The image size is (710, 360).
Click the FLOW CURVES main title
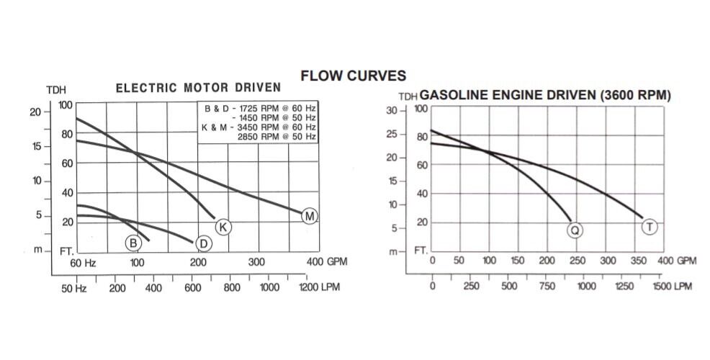(x=353, y=75)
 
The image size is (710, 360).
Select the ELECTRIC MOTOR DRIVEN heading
(x=198, y=89)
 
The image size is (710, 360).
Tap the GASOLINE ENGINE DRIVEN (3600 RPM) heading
(x=545, y=95)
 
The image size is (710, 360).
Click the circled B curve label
(x=133, y=243)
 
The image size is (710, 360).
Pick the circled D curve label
(x=204, y=244)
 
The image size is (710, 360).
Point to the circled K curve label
(x=223, y=228)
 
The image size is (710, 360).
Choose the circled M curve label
(x=310, y=216)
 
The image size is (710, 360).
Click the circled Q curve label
(x=575, y=230)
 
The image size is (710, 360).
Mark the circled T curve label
(x=650, y=228)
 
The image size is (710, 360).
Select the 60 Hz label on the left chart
(x=84, y=262)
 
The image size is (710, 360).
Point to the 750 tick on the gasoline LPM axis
(x=547, y=286)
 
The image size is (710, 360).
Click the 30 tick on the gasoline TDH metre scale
(x=392, y=110)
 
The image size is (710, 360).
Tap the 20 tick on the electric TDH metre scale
(x=35, y=112)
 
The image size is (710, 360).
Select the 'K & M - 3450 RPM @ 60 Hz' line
(x=258, y=127)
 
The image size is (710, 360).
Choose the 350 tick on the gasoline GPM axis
(x=637, y=261)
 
